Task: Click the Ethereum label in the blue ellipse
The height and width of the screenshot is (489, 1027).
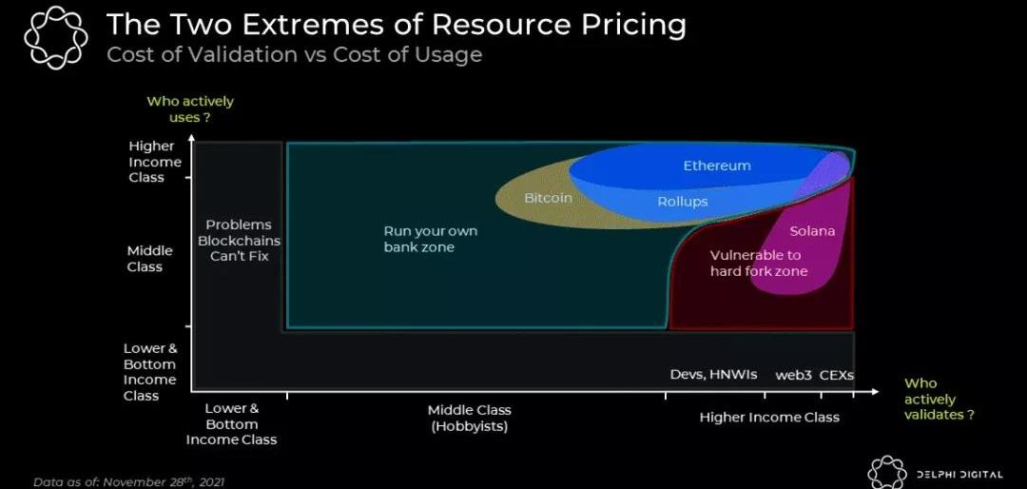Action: tap(717, 166)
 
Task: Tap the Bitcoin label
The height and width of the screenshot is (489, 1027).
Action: tap(549, 197)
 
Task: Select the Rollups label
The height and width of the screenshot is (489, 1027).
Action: tap(683, 202)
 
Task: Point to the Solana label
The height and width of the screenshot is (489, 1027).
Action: tap(812, 231)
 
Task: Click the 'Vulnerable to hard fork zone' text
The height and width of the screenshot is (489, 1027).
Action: tap(759, 263)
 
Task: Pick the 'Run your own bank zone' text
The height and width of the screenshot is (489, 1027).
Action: tap(431, 239)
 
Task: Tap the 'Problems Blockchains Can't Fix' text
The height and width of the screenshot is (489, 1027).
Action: tap(239, 240)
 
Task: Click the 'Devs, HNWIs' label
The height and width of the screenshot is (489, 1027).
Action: tap(713, 374)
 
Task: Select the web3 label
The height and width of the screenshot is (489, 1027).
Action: tap(794, 376)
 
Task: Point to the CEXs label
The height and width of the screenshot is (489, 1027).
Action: tap(837, 376)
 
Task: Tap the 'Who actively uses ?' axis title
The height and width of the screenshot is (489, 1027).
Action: tap(190, 109)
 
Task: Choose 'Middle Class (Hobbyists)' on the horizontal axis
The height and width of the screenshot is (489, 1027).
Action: tap(469, 419)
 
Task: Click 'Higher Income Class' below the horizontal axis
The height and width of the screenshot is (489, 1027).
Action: tap(769, 418)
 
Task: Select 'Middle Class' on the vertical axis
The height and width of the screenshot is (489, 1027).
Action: tap(150, 259)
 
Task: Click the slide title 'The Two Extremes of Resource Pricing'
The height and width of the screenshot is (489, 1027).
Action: tap(397, 25)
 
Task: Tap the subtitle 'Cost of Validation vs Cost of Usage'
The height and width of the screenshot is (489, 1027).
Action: tap(294, 53)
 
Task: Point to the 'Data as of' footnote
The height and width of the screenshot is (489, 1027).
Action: tap(129, 481)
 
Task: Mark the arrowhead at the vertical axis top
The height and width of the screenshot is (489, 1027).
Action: tap(190, 138)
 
